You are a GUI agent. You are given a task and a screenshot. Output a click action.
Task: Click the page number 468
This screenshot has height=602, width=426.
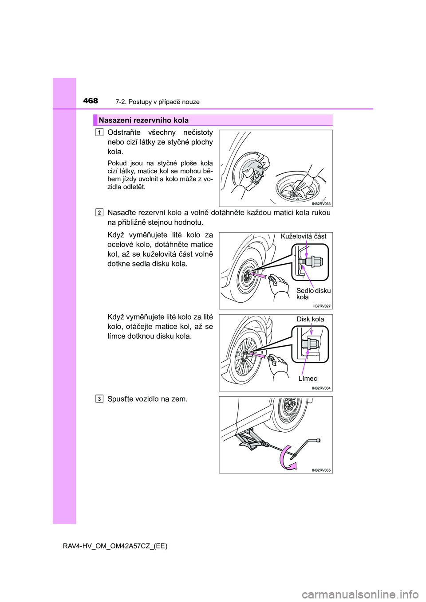pos(91,101)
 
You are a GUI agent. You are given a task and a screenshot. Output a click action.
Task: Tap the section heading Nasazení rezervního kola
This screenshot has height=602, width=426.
pos(144,120)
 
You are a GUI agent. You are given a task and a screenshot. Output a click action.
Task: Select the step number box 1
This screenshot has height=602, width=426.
pos(99,132)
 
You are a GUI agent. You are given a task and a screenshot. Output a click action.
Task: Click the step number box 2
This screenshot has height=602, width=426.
pos(99,212)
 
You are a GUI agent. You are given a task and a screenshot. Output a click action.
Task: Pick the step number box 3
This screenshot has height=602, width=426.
pos(99,399)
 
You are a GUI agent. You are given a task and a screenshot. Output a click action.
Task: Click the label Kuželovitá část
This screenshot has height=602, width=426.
pos(304,236)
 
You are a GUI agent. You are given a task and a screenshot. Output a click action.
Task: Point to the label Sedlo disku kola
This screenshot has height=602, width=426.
pos(313,293)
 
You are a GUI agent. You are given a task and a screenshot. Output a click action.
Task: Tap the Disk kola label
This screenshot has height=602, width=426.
pos(310,319)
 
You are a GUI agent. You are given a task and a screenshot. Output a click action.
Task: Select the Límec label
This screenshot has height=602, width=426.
pos(308,379)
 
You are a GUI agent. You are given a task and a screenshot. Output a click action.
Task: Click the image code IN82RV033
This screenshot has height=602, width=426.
pos(321,204)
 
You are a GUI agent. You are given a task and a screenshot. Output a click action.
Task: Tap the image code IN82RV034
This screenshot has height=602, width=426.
pos(321,388)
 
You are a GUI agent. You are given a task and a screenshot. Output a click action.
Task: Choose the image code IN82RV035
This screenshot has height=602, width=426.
pos(321,470)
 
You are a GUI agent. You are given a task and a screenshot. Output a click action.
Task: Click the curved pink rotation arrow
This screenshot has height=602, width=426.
pos(286,458)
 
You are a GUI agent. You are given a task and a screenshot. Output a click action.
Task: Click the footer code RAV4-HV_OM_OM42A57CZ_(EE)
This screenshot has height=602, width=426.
pos(115,546)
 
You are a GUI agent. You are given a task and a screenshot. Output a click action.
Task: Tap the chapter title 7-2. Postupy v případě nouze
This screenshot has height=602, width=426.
pos(157,102)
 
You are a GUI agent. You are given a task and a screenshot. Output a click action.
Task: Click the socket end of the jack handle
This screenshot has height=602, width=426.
pos(318,440)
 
